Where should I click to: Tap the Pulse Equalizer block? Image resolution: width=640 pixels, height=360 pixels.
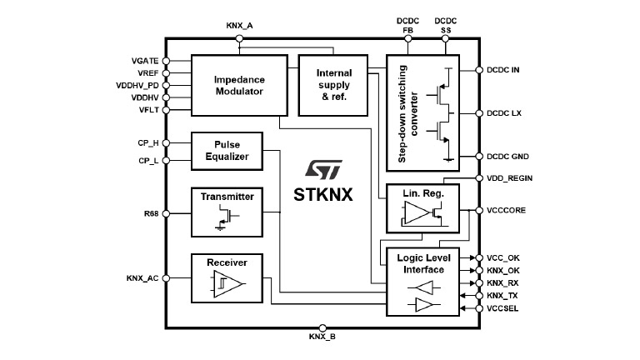click(x=226, y=150)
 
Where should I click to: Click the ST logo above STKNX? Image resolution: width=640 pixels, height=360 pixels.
click(x=320, y=171)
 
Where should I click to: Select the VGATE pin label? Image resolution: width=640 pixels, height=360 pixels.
click(x=145, y=61)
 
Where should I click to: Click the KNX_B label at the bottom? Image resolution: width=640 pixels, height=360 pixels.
click(x=322, y=337)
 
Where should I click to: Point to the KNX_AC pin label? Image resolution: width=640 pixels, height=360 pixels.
click(x=142, y=280)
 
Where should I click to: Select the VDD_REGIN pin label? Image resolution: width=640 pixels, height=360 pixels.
click(x=509, y=178)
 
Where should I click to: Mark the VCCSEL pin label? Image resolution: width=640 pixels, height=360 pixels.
click(x=504, y=308)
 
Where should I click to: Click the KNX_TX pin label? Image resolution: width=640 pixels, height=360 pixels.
click(x=503, y=296)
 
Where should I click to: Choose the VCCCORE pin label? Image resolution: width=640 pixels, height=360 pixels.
click(x=507, y=211)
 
